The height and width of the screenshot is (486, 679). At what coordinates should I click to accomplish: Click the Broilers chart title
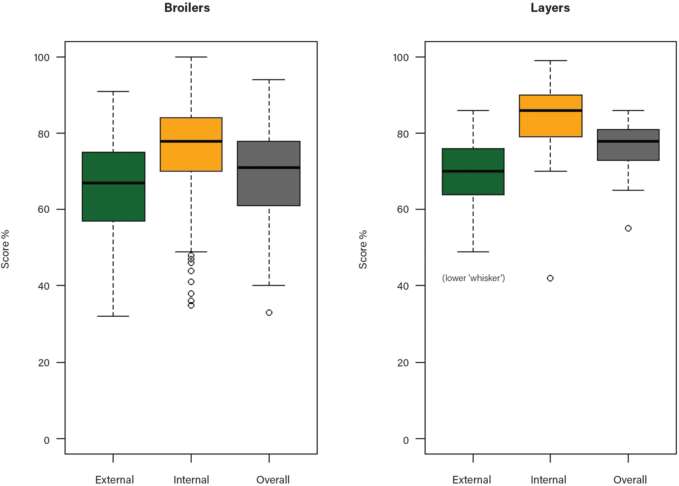click(x=187, y=8)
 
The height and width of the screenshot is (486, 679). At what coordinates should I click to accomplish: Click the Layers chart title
click(x=550, y=8)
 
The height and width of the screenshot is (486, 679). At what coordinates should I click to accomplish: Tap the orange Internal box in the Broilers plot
click(x=191, y=156)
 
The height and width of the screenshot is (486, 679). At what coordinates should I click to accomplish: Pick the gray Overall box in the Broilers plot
click(x=269, y=187)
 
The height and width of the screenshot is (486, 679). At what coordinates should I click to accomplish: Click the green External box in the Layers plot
click(x=473, y=184)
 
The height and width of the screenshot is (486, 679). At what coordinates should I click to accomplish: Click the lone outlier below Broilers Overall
click(x=269, y=312)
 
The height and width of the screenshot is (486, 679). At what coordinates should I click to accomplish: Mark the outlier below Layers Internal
click(x=550, y=278)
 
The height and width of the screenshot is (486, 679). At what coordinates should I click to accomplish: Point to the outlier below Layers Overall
click(x=628, y=228)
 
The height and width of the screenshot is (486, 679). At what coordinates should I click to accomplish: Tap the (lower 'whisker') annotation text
click(x=473, y=278)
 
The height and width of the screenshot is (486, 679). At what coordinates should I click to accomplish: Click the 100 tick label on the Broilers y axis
click(x=42, y=57)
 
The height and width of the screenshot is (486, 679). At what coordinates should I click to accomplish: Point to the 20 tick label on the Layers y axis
click(x=403, y=363)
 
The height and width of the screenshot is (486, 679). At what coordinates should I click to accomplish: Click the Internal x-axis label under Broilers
click(x=191, y=480)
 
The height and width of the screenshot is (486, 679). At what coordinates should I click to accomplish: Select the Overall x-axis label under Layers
click(x=630, y=480)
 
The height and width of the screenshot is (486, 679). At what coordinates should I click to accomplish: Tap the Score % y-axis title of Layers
click(x=363, y=250)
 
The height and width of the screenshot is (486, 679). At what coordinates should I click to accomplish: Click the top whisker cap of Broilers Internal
click(x=191, y=57)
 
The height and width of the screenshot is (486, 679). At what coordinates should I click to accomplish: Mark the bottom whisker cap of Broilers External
click(x=113, y=316)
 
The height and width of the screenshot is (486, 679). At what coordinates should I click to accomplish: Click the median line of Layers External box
click(x=473, y=171)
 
